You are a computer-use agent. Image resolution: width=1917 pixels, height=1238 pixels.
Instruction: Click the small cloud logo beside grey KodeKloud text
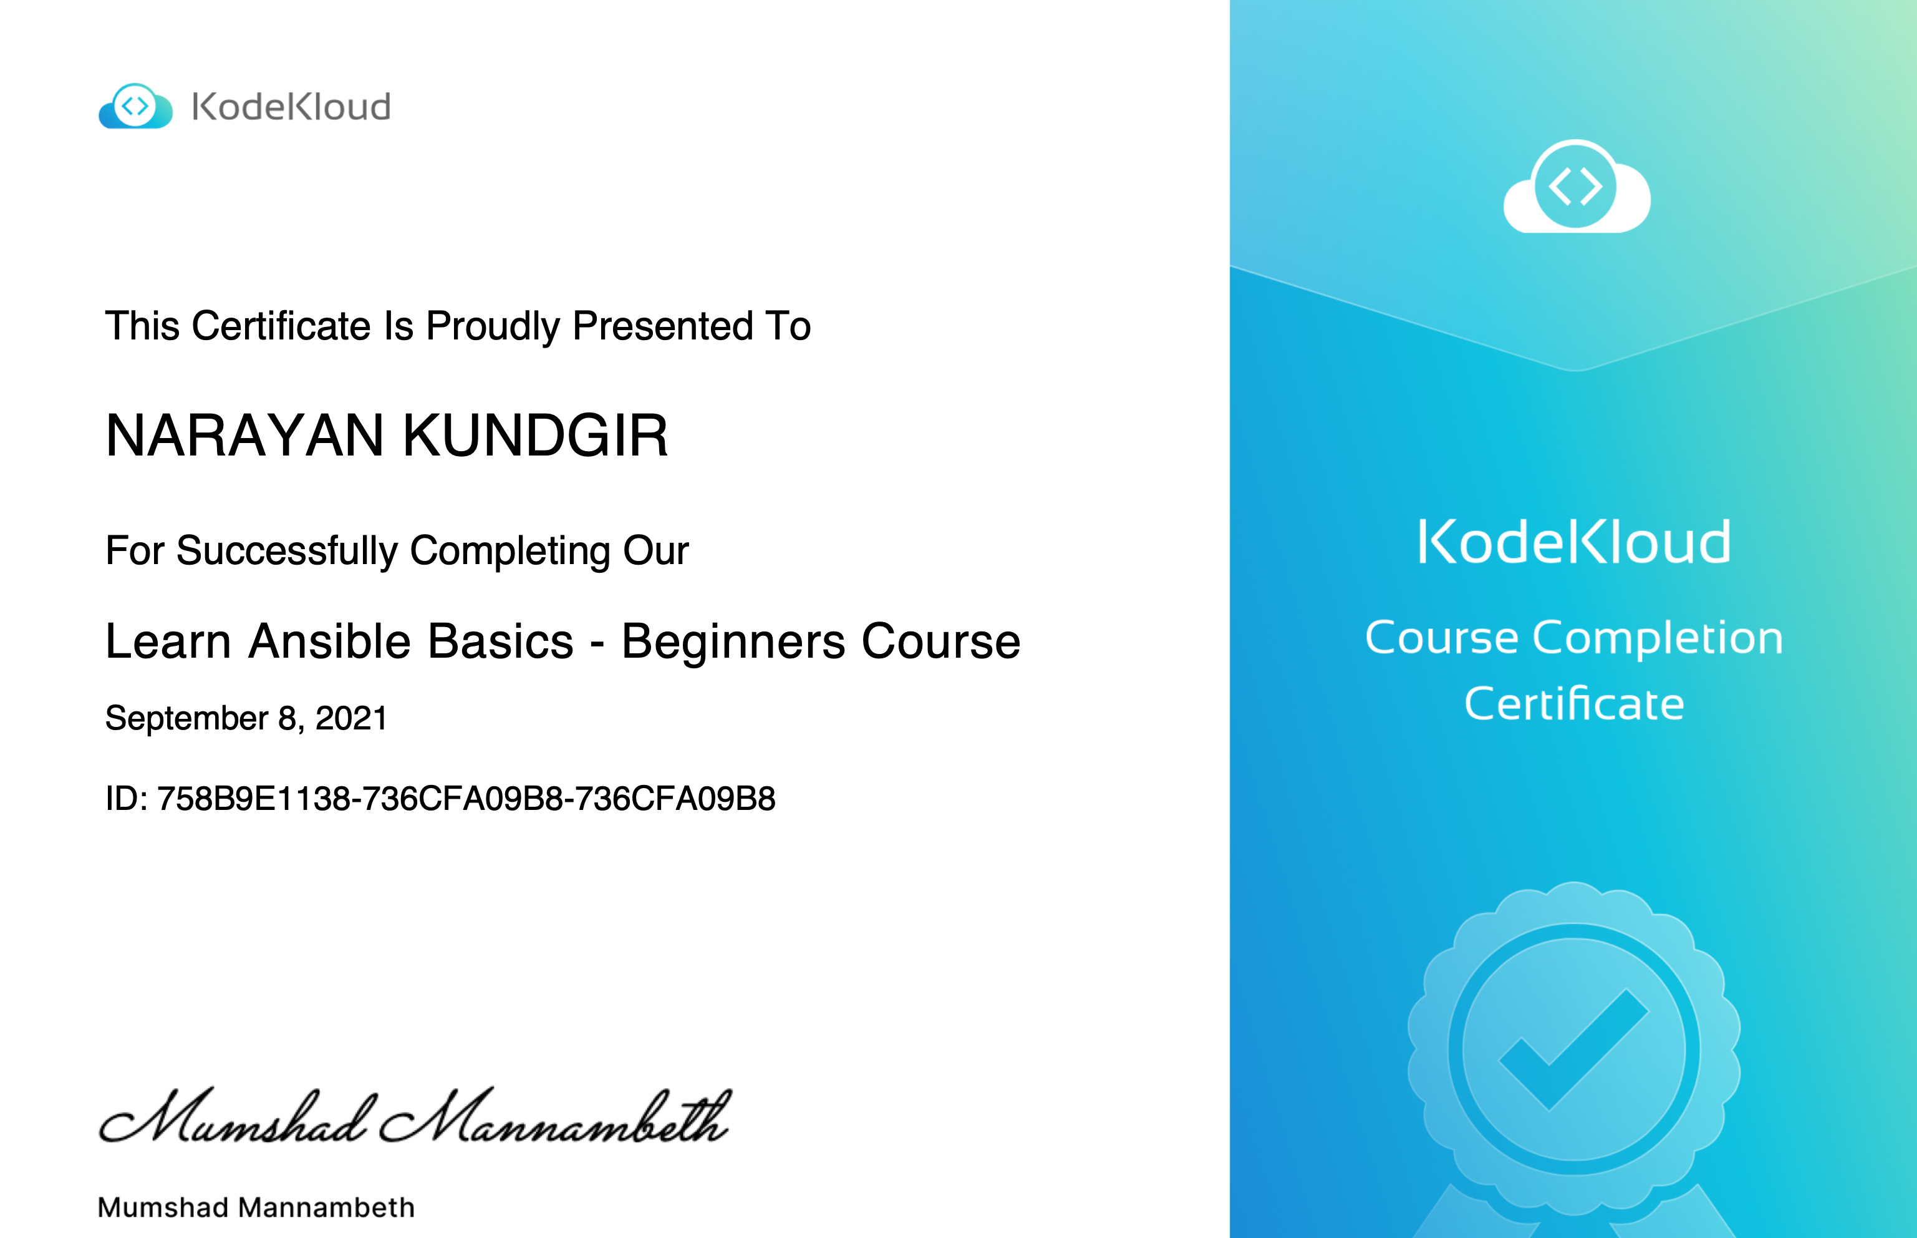click(x=135, y=105)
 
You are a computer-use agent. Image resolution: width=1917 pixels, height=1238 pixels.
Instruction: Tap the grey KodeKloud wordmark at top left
click(x=291, y=107)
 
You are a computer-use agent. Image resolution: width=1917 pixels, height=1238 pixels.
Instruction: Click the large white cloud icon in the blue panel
click(x=1577, y=187)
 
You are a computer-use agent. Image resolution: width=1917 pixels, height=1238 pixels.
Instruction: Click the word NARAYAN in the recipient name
click(x=245, y=436)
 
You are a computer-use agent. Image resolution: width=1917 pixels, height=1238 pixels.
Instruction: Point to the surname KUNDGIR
click(x=535, y=436)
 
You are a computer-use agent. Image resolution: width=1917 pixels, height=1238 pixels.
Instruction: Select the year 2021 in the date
click(x=351, y=718)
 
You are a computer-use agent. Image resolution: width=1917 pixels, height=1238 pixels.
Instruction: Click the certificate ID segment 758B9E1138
click(x=254, y=798)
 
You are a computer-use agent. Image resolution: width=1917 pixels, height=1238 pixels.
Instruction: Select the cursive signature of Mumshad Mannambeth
click(x=415, y=1115)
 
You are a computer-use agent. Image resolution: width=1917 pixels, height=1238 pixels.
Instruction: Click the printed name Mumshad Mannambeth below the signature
click(x=256, y=1207)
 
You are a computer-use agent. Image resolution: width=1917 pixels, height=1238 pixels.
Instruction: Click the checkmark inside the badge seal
click(x=1573, y=1048)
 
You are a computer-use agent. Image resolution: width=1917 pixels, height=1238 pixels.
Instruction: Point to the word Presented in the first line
click(x=663, y=326)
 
